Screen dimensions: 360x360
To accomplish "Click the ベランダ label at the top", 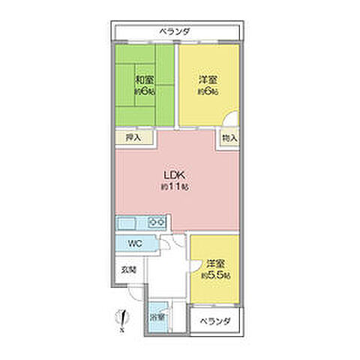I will (175, 31).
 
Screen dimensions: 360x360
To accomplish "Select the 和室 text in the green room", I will (145, 79).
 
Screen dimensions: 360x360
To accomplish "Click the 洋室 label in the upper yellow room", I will (208, 79).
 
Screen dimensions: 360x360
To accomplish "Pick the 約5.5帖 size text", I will (216, 276).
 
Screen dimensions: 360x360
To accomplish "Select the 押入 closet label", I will (133, 138).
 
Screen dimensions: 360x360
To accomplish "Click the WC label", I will (134, 243).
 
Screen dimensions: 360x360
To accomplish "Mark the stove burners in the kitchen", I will (157, 223).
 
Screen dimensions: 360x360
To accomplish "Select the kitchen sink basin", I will (126, 223).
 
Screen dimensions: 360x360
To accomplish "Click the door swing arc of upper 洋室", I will (232, 118).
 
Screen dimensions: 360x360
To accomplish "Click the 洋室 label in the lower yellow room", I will (215, 264).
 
